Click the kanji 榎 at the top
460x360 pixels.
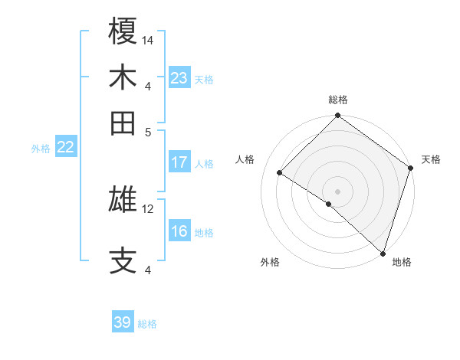pyautogui.click(x=123, y=32)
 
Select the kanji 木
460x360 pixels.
pyautogui.click(x=123, y=79)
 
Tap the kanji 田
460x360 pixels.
pyautogui.click(x=123, y=123)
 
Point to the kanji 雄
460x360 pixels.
pyautogui.click(x=123, y=201)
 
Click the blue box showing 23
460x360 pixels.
pyautogui.click(x=179, y=77)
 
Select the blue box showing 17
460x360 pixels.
pyautogui.click(x=179, y=162)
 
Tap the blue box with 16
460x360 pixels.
pyautogui.click(x=179, y=231)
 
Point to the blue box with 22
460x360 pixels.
pyautogui.click(x=65, y=147)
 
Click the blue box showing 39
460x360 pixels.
pyautogui.click(x=123, y=322)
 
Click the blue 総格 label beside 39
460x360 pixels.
pyautogui.click(x=147, y=324)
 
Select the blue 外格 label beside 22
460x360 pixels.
pyautogui.click(x=41, y=149)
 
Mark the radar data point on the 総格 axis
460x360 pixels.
pyautogui.click(x=337, y=116)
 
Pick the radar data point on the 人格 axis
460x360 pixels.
pyautogui.click(x=280, y=173)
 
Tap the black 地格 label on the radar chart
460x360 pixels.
pyautogui.click(x=402, y=262)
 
